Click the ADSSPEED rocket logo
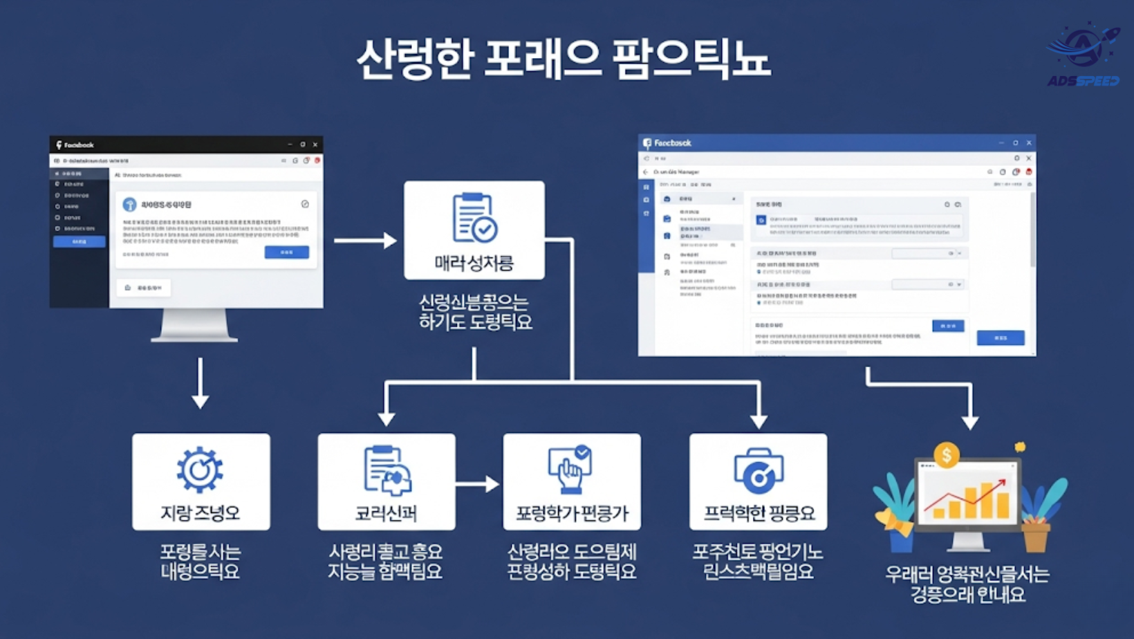[1084, 54]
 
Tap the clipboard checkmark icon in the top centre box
[474, 218]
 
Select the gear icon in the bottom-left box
[200, 470]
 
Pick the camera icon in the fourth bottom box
[758, 471]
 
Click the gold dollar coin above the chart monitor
[946, 455]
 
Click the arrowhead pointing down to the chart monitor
[970, 421]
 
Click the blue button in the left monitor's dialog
[286, 252]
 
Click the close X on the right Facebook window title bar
[1029, 143]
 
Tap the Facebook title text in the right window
[672, 143]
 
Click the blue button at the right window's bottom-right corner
[1000, 337]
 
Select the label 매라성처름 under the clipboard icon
[474, 263]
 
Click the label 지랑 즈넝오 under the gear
[201, 513]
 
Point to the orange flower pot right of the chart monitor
[1035, 536]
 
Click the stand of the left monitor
[194, 325]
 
